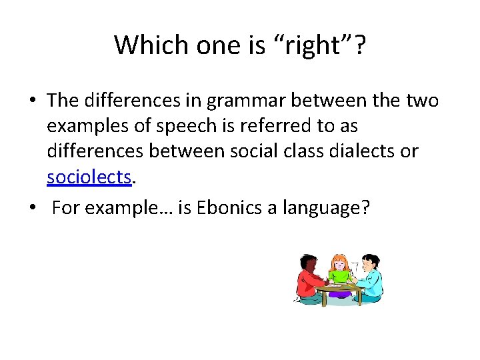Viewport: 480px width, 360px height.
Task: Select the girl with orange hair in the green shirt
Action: tap(340, 269)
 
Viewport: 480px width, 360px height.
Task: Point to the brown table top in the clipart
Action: tap(340, 288)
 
